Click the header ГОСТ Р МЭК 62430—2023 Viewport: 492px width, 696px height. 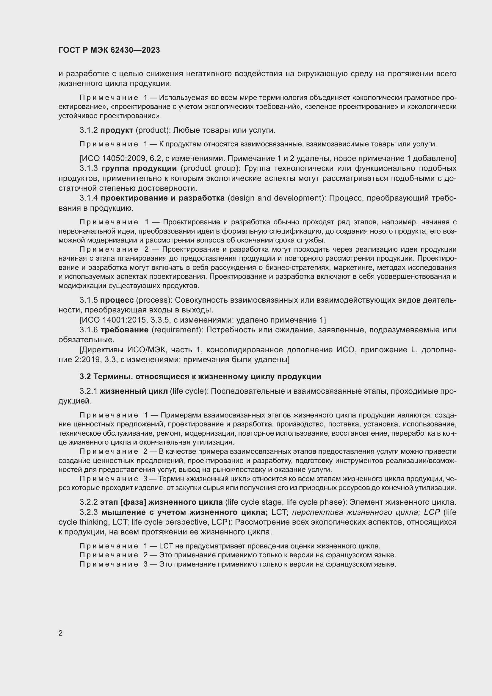(109, 50)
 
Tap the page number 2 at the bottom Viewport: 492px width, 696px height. (61, 633)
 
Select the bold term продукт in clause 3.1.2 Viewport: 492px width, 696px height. (117, 130)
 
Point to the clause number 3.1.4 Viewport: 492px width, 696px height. (88, 198)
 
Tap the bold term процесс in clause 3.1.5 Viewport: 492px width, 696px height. (117, 300)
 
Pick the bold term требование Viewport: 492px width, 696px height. (124, 329)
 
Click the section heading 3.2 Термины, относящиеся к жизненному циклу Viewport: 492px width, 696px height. (200, 376)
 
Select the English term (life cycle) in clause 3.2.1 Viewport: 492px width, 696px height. (189, 391)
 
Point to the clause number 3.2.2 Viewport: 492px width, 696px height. (88, 502)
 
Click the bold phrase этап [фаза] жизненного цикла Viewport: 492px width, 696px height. (161, 502)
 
